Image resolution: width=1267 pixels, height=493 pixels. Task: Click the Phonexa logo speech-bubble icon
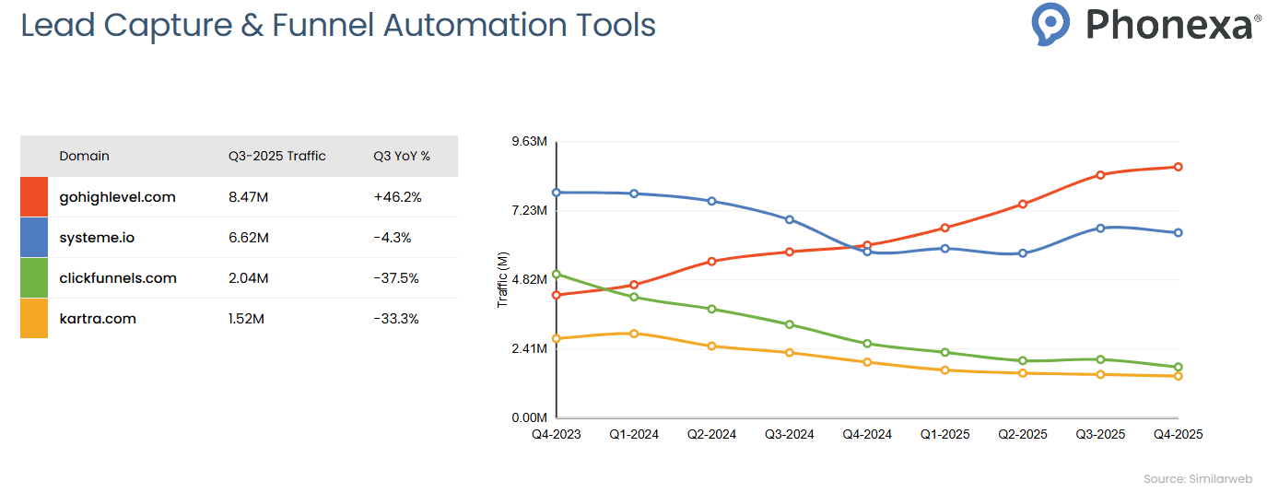click(x=1050, y=24)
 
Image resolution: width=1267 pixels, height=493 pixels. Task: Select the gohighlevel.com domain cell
click(x=117, y=197)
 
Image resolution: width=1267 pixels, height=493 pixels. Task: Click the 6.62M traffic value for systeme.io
click(x=249, y=238)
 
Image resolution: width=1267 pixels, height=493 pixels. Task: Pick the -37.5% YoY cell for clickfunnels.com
click(x=396, y=278)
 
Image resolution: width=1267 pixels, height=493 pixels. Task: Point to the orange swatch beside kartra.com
click(x=34, y=319)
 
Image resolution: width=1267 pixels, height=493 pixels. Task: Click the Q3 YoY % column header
click(x=402, y=156)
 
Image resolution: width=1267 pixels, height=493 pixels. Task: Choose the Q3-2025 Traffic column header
click(x=277, y=156)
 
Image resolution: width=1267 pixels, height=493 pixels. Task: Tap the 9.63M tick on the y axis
click(x=529, y=142)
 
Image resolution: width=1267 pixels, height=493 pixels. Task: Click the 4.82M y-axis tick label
click(x=529, y=280)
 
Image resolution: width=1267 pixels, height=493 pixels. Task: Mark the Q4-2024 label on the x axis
click(x=867, y=434)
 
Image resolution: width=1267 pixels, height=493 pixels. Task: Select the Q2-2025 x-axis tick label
click(x=1022, y=434)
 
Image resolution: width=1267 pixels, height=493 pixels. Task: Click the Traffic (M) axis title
click(x=502, y=280)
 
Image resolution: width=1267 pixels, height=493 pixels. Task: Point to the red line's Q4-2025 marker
click(x=1178, y=167)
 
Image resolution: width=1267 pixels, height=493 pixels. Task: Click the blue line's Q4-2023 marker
click(x=557, y=193)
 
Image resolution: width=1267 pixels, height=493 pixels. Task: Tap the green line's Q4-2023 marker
click(x=557, y=275)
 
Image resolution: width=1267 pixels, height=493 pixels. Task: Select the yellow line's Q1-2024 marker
click(x=634, y=334)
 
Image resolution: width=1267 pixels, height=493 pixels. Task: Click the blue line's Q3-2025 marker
click(x=1100, y=228)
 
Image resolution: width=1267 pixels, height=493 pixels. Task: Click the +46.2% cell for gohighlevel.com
click(x=397, y=197)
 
